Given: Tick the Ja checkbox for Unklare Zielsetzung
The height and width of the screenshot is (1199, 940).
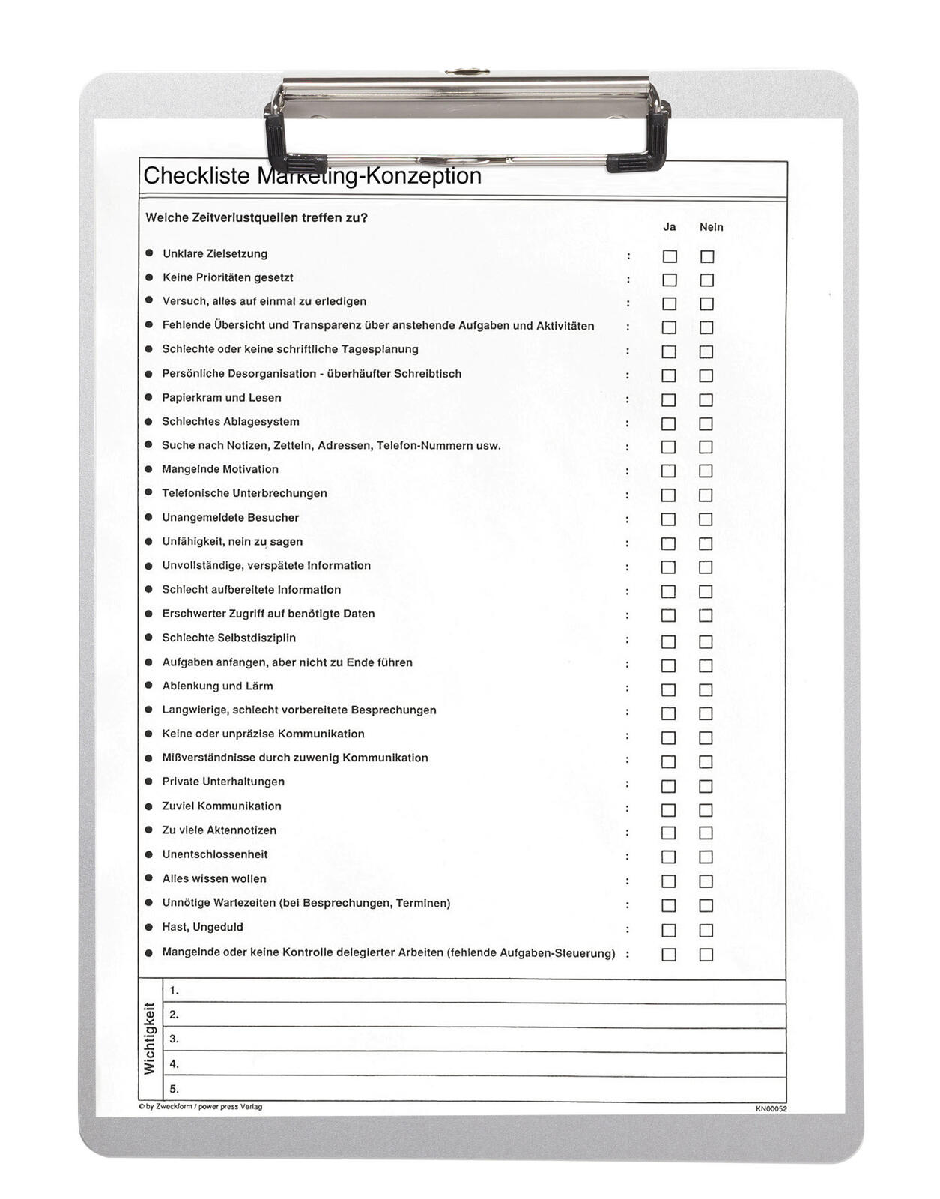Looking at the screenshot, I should point(670,256).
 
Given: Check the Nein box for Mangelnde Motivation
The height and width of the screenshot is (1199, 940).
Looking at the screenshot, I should point(706,471).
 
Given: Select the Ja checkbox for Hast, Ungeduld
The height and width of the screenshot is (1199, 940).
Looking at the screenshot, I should point(669,930).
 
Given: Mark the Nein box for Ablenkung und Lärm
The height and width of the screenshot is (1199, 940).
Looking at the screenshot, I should point(706,689).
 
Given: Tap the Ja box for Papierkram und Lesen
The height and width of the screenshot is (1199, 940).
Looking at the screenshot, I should point(669,399).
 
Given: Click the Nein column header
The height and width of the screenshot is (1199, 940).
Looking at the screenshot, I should point(711,227).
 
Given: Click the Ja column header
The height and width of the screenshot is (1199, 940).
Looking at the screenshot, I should point(670,227).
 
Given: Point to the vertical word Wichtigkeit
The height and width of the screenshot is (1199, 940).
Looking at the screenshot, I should point(150,1039).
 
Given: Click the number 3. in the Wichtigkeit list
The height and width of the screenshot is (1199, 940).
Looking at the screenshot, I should point(174,1039).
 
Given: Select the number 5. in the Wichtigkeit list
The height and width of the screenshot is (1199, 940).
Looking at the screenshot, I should point(174,1089).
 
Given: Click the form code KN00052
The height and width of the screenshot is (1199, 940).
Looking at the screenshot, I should point(771,1108).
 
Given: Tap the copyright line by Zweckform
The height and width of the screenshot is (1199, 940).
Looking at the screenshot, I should point(201,1107).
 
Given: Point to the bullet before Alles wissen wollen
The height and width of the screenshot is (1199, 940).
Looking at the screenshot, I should point(149,878).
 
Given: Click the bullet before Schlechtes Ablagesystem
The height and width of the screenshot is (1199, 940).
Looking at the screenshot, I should point(149,421).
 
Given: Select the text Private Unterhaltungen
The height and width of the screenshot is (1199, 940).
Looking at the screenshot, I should point(223,782).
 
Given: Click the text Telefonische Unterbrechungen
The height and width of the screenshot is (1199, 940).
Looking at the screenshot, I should point(244,493).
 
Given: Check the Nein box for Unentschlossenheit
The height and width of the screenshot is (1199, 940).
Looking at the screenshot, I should point(706,857).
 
